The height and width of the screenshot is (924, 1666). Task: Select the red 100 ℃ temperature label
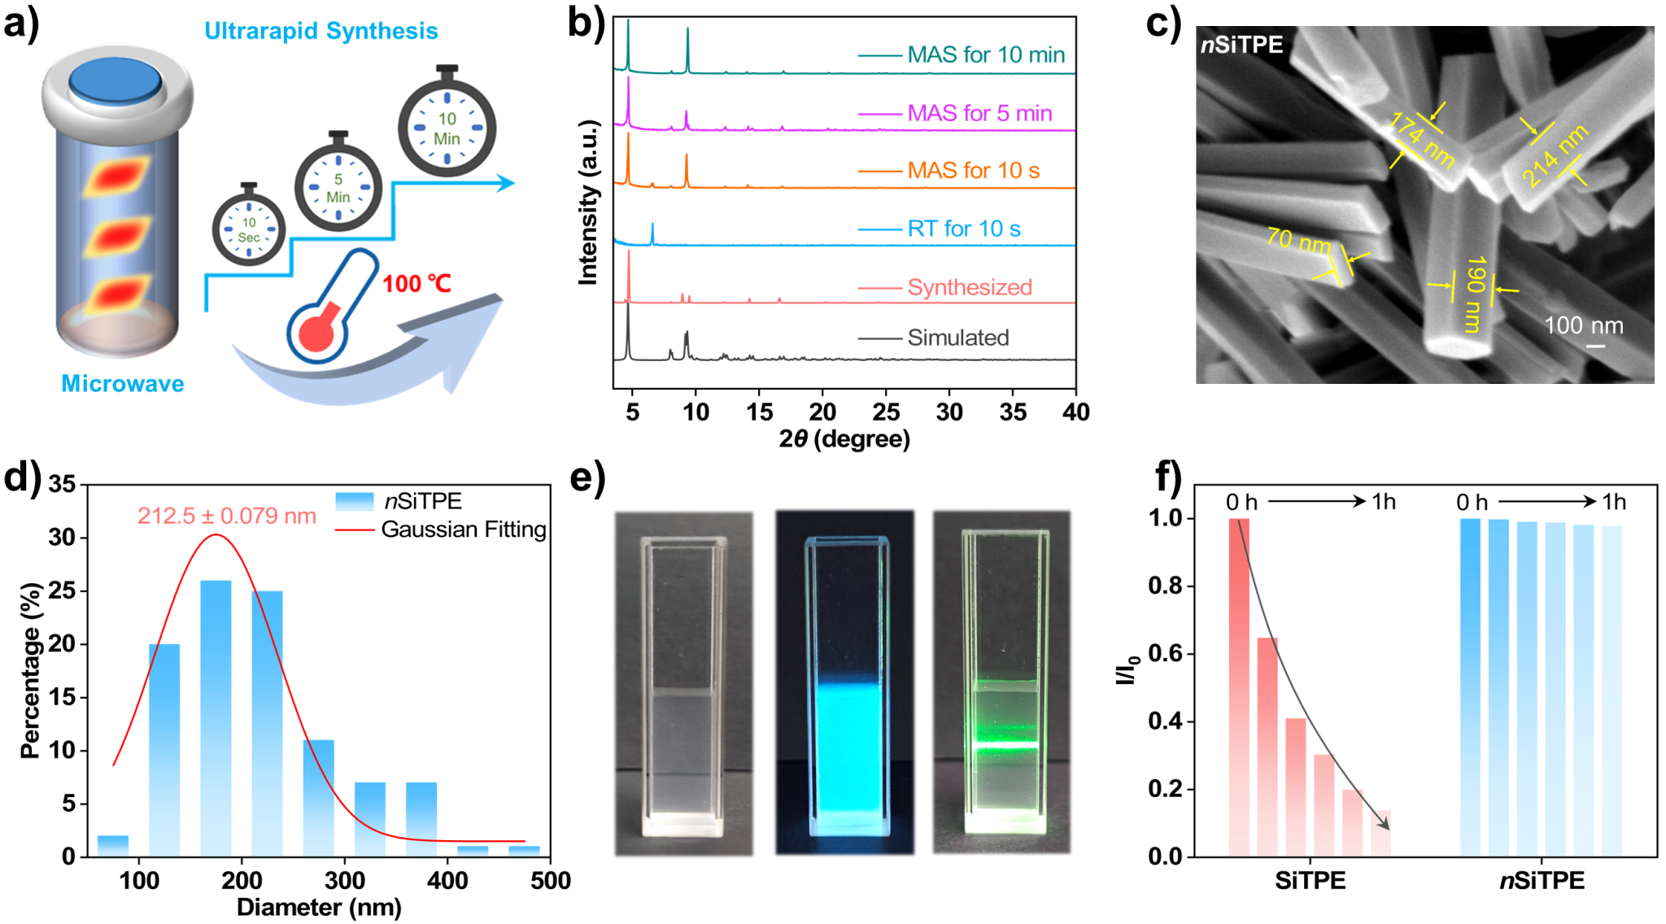(x=416, y=284)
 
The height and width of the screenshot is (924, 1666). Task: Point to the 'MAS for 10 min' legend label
(x=986, y=54)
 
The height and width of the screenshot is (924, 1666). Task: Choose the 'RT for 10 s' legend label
(x=964, y=229)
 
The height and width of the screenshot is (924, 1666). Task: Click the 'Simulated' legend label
(x=958, y=338)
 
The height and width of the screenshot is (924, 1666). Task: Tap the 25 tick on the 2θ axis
(x=886, y=412)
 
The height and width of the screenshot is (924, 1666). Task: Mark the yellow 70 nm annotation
(x=1298, y=241)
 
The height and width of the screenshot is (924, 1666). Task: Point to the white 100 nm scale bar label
(x=1583, y=325)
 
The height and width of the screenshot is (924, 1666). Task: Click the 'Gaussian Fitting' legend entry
(x=463, y=530)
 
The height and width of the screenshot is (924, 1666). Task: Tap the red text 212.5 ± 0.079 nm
(x=226, y=516)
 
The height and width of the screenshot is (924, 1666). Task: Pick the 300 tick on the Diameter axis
(x=344, y=880)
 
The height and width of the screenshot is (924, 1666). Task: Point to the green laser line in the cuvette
(x=1006, y=745)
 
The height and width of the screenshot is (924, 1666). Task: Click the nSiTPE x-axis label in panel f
(x=1542, y=881)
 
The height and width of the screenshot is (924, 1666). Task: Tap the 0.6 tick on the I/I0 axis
(x=1165, y=654)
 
